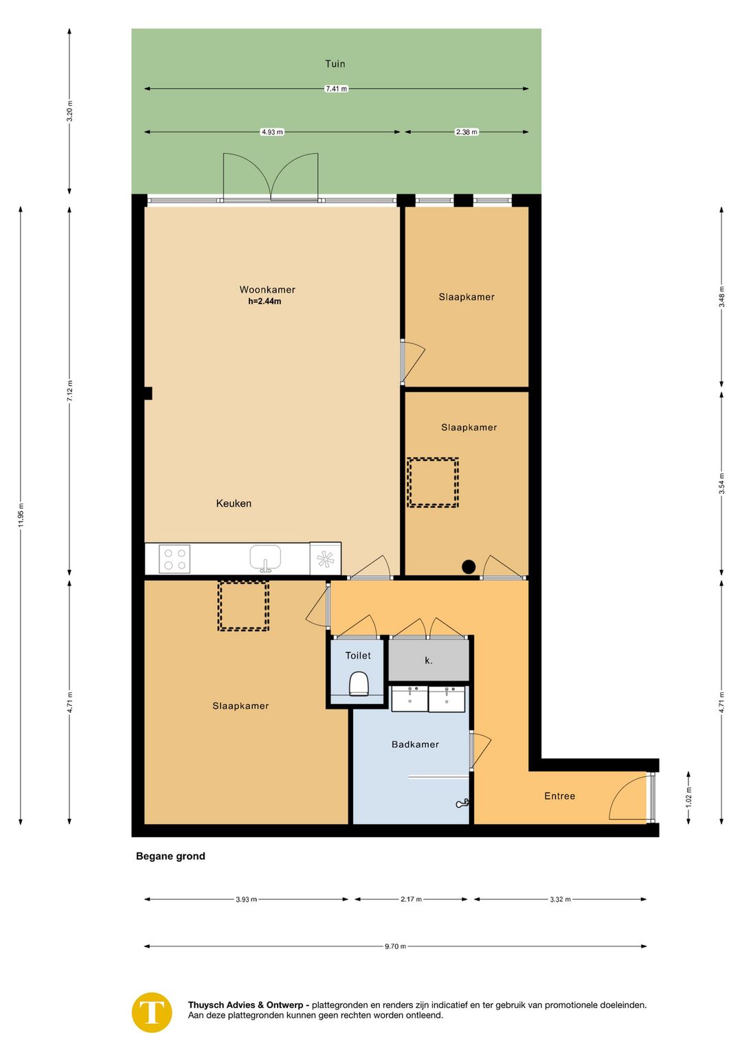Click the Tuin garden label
point(335,64)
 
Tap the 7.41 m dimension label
point(337,89)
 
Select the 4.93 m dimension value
point(272,132)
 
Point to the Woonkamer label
point(267,290)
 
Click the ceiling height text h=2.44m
point(265,301)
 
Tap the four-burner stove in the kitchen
point(175,558)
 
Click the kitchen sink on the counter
point(265,558)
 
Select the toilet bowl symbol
point(359,683)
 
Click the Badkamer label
point(415,744)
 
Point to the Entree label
point(559,796)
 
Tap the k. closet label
point(428,661)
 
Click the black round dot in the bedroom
point(469,567)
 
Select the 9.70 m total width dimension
point(396,946)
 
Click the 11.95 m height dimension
point(21,515)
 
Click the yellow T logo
point(152,1012)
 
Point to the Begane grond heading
point(170,856)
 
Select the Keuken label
point(234,503)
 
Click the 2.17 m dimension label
point(411,899)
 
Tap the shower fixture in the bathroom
point(462,804)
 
